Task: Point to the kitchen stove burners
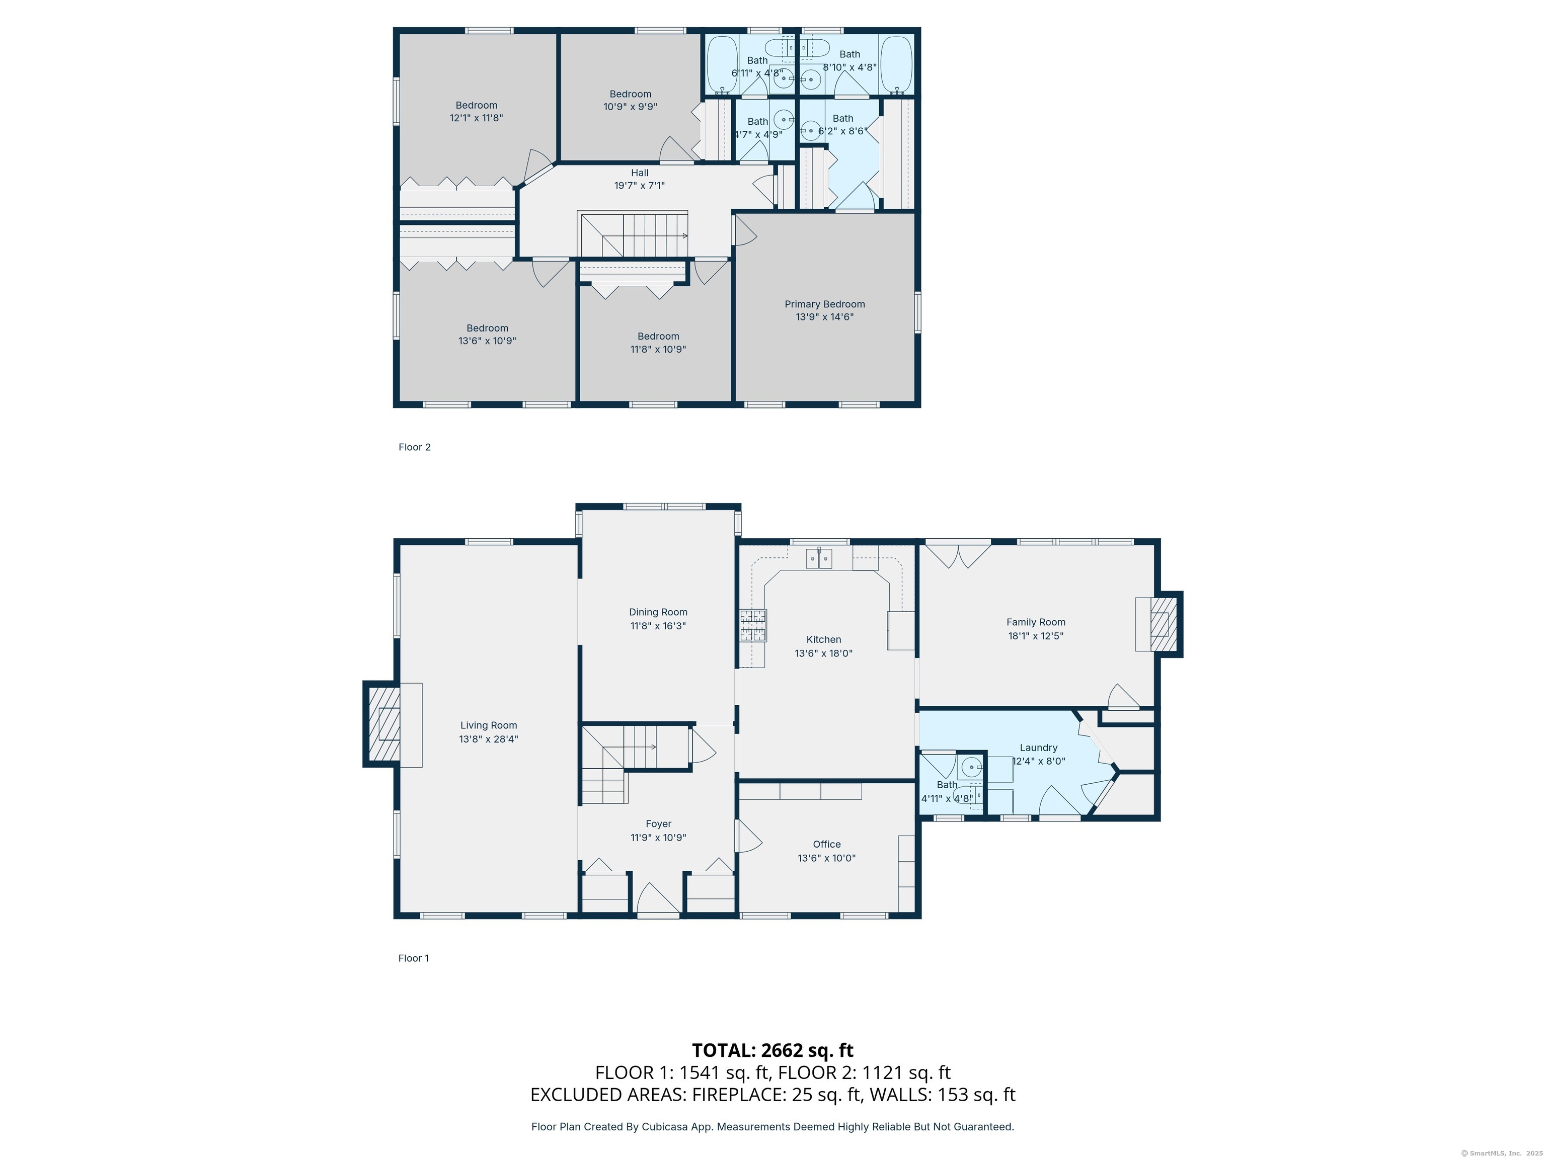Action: point(753,625)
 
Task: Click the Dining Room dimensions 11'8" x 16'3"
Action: point(658,626)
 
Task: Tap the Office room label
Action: point(826,844)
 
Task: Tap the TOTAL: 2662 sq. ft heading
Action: point(772,1050)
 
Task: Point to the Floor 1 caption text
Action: point(413,958)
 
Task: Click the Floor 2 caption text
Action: point(415,447)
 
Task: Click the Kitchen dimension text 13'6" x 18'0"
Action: point(823,653)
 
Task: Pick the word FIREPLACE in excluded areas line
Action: point(737,1094)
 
